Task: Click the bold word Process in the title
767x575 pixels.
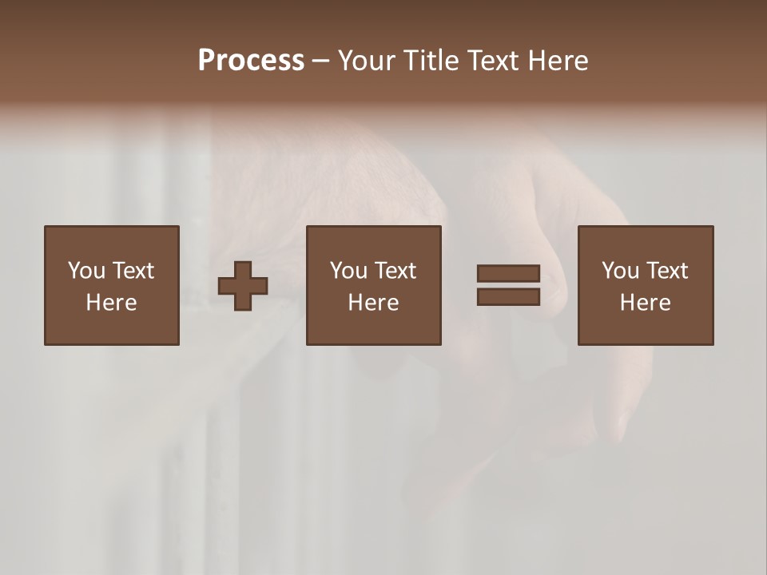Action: [x=251, y=61]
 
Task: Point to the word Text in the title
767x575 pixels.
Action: [x=493, y=61]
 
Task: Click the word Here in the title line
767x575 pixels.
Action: [x=559, y=61]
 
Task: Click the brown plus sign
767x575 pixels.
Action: [x=243, y=286]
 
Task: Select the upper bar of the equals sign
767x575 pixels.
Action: [x=508, y=274]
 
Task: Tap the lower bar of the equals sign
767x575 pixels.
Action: [x=508, y=297]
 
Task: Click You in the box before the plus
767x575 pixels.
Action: [x=86, y=271]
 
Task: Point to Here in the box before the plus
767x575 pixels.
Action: [x=111, y=303]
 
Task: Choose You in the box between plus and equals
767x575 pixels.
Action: [x=348, y=271]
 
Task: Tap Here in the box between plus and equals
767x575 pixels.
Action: [x=373, y=303]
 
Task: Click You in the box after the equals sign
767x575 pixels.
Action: [x=620, y=271]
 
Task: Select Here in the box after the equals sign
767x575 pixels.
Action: [x=645, y=303]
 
